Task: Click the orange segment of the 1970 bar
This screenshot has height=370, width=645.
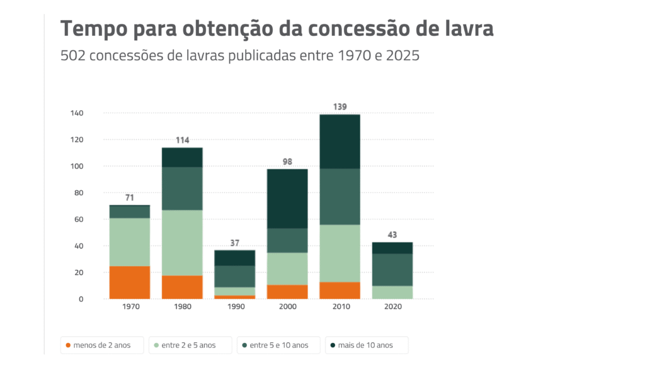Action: pyautogui.click(x=130, y=283)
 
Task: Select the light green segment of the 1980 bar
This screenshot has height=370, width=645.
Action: pyautogui.click(x=182, y=243)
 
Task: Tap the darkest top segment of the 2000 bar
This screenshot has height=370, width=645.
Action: pyautogui.click(x=287, y=199)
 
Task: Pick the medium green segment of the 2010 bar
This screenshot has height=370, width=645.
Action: pyautogui.click(x=340, y=197)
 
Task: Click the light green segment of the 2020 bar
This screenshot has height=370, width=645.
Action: pyautogui.click(x=392, y=293)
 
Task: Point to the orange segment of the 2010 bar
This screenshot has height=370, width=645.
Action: pyautogui.click(x=340, y=291)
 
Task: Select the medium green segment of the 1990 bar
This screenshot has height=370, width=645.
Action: pyautogui.click(x=235, y=277)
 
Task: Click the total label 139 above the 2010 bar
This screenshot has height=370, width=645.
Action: pyautogui.click(x=340, y=107)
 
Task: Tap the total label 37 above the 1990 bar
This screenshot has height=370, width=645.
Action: pyautogui.click(x=235, y=243)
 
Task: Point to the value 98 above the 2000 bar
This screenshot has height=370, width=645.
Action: pyautogui.click(x=287, y=162)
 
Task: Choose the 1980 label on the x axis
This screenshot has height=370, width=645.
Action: pyautogui.click(x=182, y=307)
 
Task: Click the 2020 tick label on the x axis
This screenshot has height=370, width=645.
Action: pyautogui.click(x=392, y=307)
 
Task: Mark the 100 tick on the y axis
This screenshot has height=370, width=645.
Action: pyautogui.click(x=76, y=167)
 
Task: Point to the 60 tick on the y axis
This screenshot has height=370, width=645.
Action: pyautogui.click(x=78, y=220)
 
